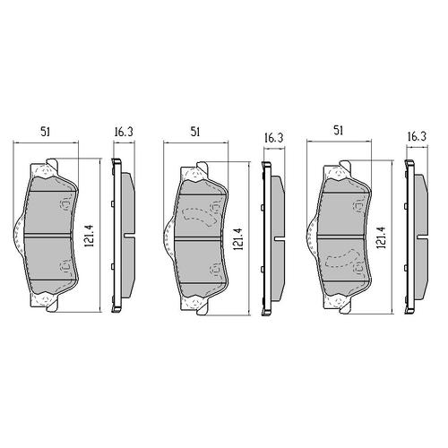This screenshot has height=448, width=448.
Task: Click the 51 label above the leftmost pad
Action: coord(46,132)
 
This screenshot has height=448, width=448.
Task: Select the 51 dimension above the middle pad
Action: coord(195,132)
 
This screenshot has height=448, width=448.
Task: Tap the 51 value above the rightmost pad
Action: coord(338,131)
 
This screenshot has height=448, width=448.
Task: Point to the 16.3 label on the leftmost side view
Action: coord(124,132)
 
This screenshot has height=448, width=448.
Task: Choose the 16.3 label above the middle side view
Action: coord(273,138)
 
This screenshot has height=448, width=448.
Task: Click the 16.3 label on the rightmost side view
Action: coord(417,136)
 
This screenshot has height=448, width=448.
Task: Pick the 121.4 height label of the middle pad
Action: coord(239,238)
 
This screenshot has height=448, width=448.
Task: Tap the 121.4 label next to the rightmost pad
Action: coord(383,237)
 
